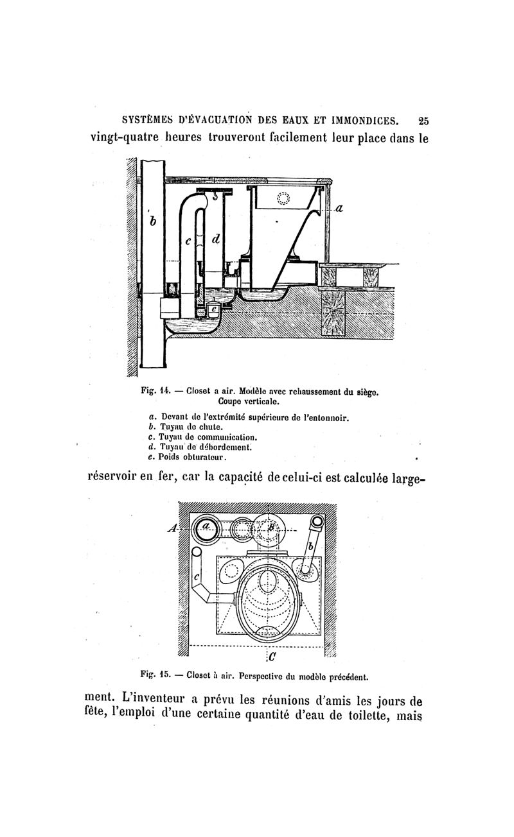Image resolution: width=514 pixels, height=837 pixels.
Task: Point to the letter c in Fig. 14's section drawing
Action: [x=188, y=241]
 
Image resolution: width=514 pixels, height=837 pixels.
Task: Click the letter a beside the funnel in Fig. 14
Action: [x=340, y=208]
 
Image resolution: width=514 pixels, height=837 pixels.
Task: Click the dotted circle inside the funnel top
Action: [x=283, y=199]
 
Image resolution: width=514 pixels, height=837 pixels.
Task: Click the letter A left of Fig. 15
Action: [x=172, y=528]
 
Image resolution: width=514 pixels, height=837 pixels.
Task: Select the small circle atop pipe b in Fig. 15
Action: [x=316, y=521]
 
